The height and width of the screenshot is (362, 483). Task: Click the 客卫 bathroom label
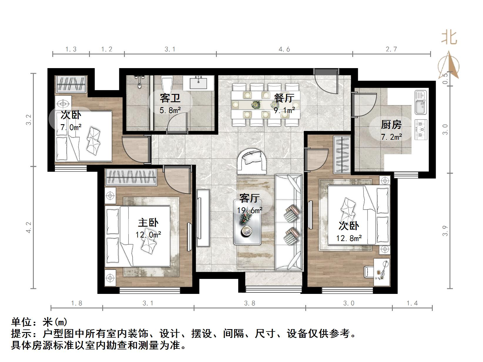[x=170, y=98]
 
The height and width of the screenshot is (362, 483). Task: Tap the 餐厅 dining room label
[x=284, y=98]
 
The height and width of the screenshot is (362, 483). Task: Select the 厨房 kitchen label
[x=391, y=124]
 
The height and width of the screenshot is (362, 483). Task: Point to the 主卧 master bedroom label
[x=148, y=223]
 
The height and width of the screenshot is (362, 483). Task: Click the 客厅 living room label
[x=249, y=198]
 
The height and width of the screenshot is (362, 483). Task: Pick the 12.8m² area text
[x=349, y=238]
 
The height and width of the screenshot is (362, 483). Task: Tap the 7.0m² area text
[x=71, y=127]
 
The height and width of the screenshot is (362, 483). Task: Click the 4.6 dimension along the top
[x=284, y=49]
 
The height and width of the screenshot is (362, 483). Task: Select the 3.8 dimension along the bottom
[x=249, y=303]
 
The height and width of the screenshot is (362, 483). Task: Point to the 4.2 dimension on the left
[x=29, y=227]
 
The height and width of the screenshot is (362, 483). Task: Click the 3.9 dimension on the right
[x=445, y=231]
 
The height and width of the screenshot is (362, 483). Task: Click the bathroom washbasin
[x=198, y=82]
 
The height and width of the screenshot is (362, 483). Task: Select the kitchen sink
[x=421, y=102]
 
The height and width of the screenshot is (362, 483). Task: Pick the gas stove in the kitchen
[x=421, y=130]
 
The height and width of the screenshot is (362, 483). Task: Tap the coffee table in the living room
[x=247, y=222]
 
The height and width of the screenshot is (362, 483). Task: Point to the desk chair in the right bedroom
[x=369, y=272]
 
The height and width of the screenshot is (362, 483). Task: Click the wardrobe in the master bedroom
[x=131, y=177]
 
